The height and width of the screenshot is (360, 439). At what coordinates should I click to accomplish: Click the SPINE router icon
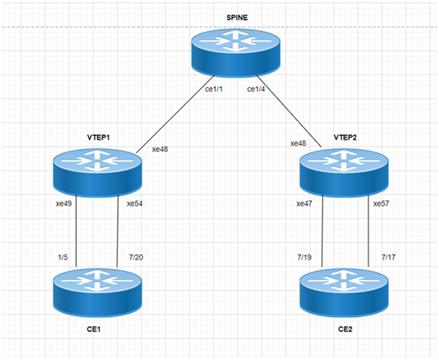click(235, 52)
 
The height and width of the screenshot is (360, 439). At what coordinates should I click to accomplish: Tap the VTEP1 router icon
click(97, 172)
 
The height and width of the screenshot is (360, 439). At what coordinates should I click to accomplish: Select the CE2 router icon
click(344, 292)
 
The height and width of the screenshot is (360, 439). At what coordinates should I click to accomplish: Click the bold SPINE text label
click(237, 17)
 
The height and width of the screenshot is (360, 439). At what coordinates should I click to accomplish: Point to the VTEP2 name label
click(346, 137)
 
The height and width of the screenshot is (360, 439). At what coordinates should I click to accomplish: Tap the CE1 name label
click(93, 329)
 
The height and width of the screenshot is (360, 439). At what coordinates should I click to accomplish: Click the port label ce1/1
click(214, 90)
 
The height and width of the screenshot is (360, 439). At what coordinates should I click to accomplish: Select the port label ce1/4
click(256, 90)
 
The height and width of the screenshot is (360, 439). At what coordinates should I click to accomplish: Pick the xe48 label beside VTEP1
click(159, 149)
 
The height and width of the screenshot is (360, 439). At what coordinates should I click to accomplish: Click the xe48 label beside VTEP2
click(298, 144)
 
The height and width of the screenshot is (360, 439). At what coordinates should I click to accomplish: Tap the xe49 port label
click(64, 204)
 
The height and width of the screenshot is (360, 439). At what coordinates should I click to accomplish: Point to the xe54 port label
click(134, 204)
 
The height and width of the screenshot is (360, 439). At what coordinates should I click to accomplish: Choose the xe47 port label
click(305, 204)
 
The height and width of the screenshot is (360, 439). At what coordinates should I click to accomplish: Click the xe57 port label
click(381, 204)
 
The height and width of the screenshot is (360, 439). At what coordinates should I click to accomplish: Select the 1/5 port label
click(63, 257)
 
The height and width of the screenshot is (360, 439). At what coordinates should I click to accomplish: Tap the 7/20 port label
click(136, 257)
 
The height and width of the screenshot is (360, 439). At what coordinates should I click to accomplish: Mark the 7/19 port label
click(305, 257)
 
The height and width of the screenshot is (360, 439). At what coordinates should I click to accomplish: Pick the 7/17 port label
click(388, 257)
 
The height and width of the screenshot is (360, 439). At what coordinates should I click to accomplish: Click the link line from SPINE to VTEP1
click(175, 114)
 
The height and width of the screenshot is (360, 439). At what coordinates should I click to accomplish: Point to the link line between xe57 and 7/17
click(368, 231)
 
